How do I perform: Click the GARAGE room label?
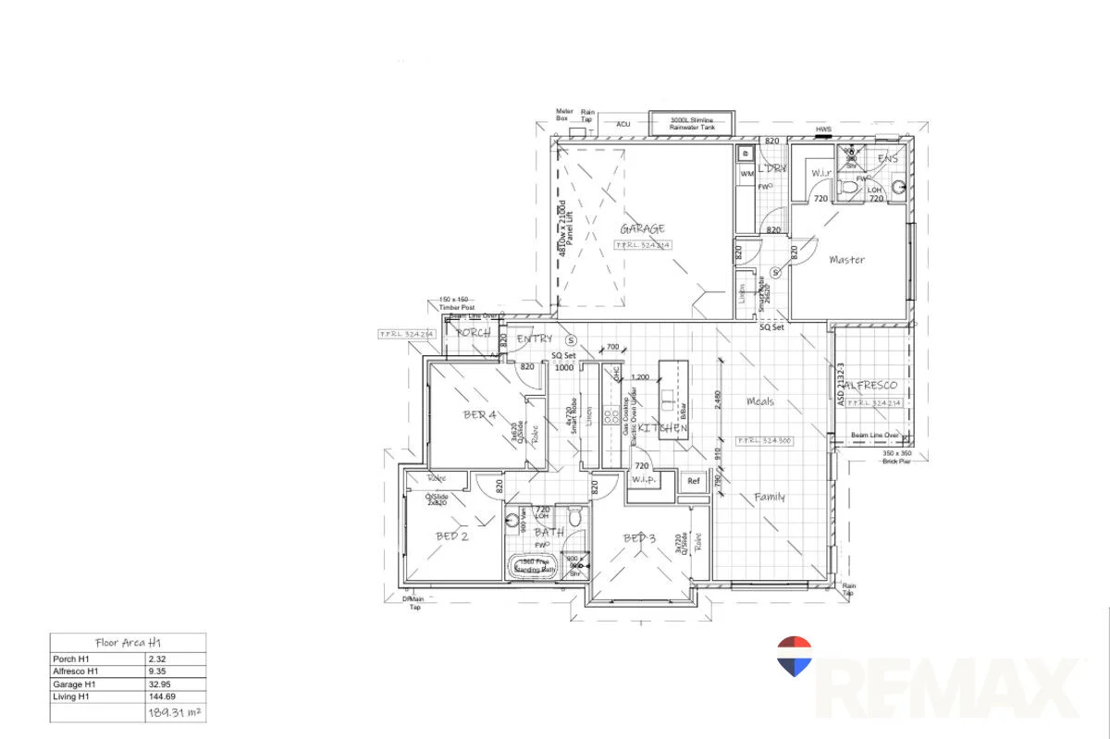point(642,229)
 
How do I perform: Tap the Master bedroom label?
point(846,260)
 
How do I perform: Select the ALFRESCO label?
point(871,385)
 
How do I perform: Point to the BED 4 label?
point(480,415)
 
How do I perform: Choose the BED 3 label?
point(639,538)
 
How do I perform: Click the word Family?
point(770,498)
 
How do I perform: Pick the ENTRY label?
point(534,339)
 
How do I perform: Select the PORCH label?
point(474,333)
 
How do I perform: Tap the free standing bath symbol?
point(534,566)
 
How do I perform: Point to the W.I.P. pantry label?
point(643,481)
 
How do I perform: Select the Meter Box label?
point(562,115)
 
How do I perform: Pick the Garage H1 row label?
point(75,684)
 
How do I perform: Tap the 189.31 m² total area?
point(174,713)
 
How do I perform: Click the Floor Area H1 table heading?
point(128,642)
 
